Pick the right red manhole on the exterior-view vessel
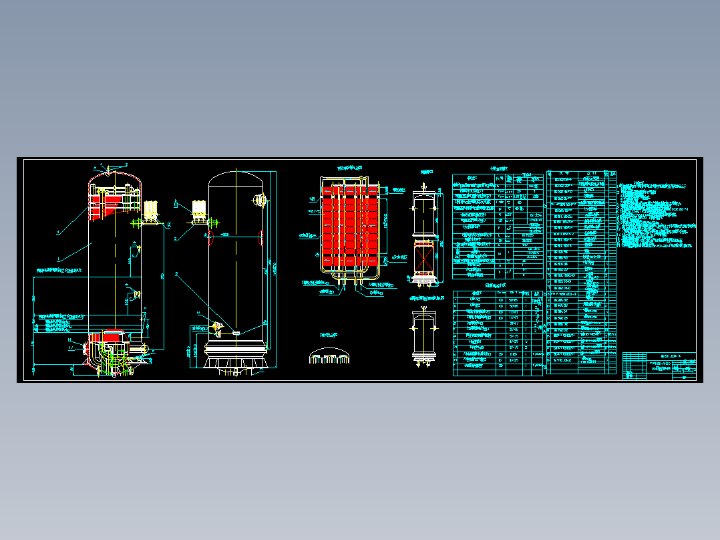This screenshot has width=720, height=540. tap(260, 235)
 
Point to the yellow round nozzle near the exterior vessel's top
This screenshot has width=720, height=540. tap(260, 198)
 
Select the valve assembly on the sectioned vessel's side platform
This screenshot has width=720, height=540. tap(150, 210)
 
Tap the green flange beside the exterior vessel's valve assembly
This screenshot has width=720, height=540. tap(215, 223)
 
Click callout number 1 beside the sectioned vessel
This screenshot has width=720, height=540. tap(59, 258)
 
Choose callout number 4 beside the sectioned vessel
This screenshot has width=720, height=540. tap(58, 233)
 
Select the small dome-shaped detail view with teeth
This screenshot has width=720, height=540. tap(330, 356)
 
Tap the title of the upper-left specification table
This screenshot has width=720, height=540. tap(498, 170)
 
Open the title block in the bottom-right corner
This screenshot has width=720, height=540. tap(659, 366)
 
